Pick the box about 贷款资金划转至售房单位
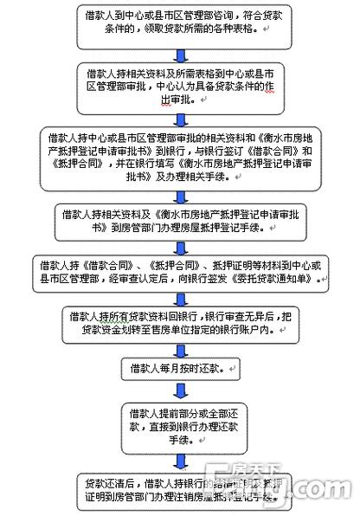(x=180, y=323)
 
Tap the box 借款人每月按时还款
(x=180, y=369)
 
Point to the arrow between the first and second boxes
(x=180, y=56)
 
